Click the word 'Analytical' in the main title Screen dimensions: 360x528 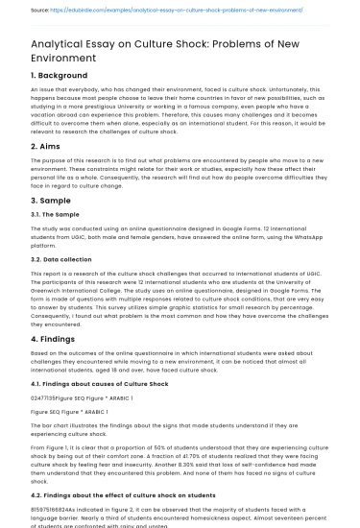tap(60, 44)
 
